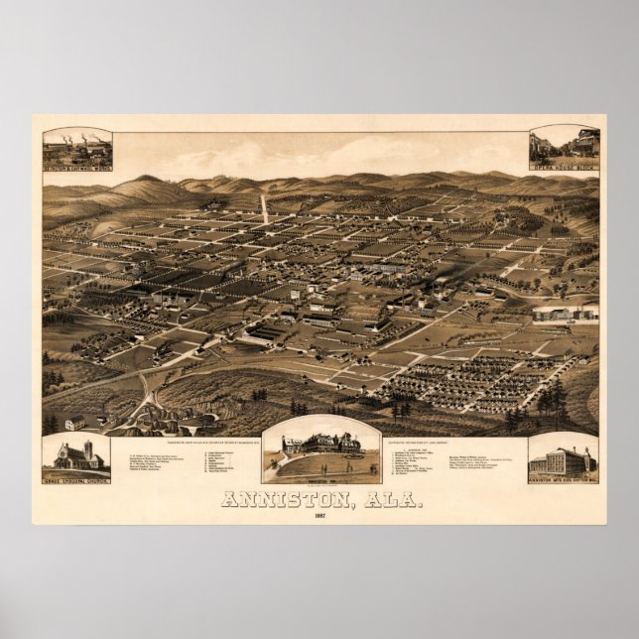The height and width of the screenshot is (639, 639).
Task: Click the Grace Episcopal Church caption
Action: (76, 478)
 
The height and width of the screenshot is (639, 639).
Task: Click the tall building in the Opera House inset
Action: (584, 144)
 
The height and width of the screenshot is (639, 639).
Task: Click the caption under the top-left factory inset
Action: (76, 168)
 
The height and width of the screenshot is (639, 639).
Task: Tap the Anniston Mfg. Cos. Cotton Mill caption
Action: (563, 478)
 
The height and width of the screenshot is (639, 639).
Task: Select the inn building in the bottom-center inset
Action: (319, 444)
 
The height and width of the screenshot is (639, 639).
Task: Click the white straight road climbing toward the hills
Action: (264, 207)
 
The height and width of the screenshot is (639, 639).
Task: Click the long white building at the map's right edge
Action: (566, 314)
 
